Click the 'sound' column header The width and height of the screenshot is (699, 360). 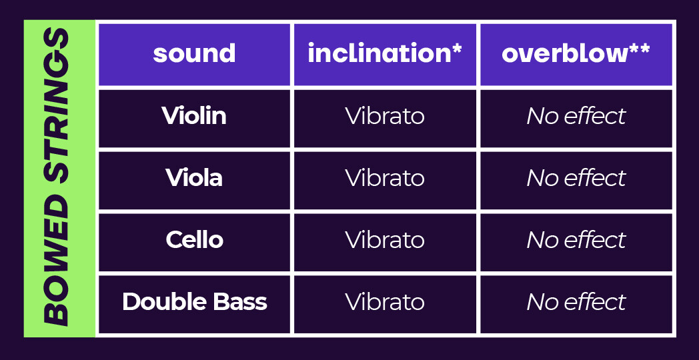[194, 54]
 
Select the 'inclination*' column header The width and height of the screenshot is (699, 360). [384, 53]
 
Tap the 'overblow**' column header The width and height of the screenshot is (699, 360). [576, 53]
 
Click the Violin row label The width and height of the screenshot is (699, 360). [194, 116]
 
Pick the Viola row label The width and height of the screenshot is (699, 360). [194, 178]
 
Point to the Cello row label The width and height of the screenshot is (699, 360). [194, 240]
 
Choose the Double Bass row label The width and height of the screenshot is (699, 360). [194, 301]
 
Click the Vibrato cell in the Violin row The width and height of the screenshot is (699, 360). [385, 116]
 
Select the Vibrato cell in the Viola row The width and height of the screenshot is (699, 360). [385, 178]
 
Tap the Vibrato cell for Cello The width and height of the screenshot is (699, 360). [385, 240]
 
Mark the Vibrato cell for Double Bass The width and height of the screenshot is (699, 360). [385, 302]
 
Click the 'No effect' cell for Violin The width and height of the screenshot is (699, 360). [576, 116]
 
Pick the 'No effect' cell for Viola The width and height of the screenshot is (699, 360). [576, 178]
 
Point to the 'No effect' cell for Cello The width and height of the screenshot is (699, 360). [576, 240]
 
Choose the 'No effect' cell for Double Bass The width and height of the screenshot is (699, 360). [576, 302]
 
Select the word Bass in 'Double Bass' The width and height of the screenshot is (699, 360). [243, 301]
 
